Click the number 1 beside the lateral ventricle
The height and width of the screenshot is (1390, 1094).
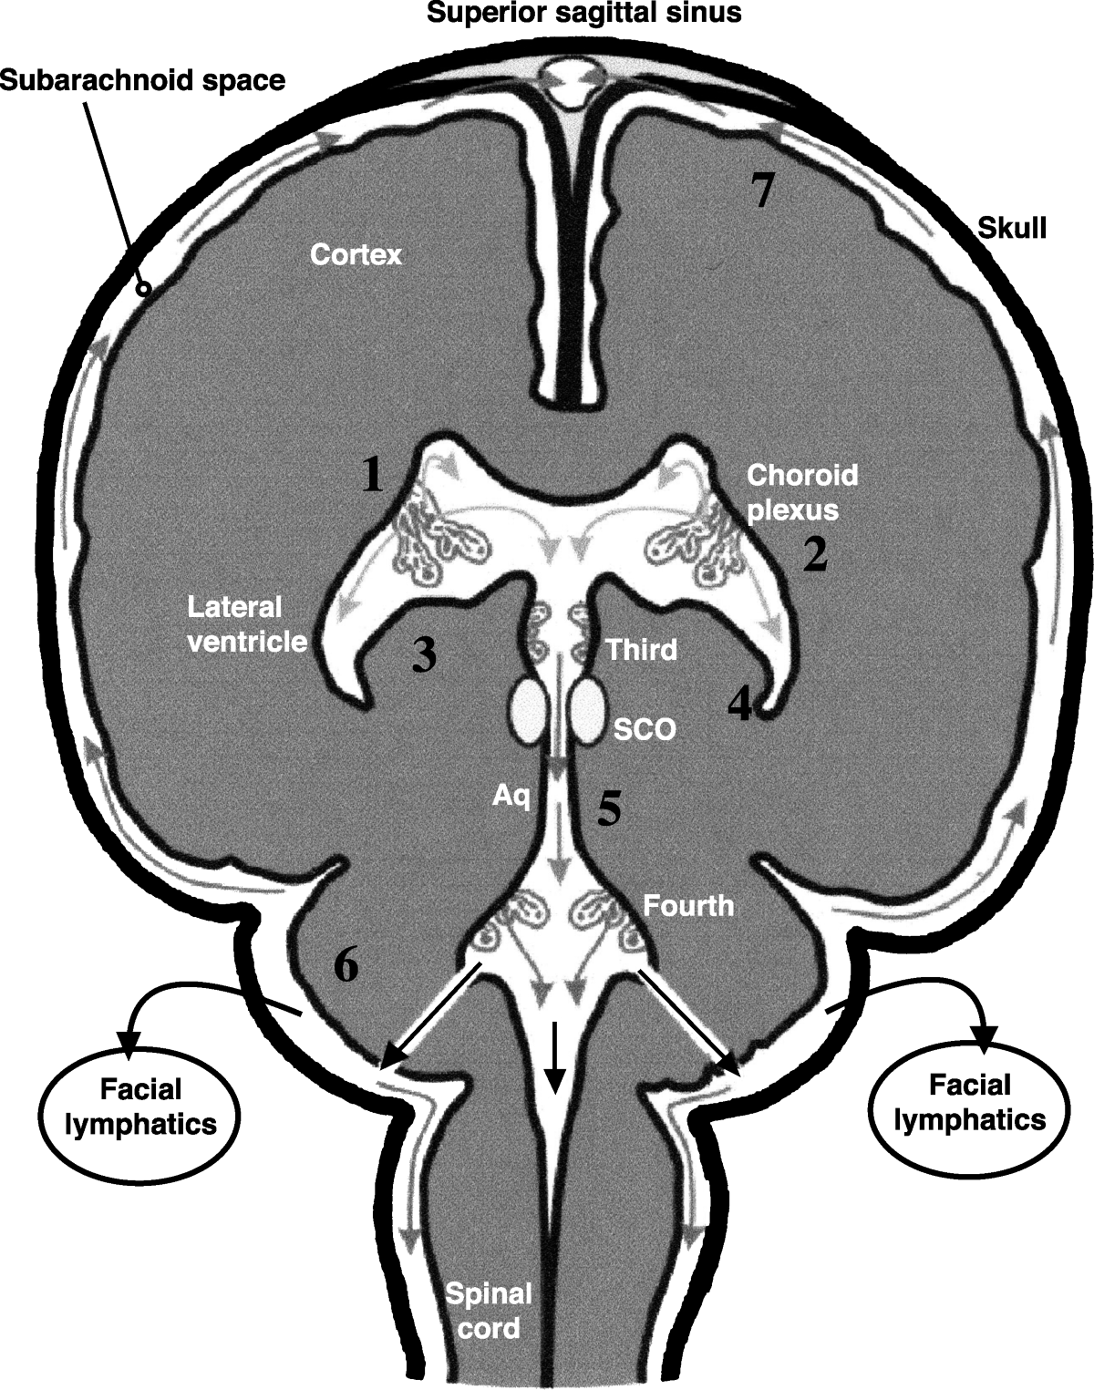(x=371, y=475)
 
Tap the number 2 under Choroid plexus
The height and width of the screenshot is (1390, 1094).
(x=814, y=553)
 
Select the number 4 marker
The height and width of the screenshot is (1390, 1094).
(x=739, y=704)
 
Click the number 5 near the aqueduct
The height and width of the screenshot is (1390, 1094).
(x=609, y=808)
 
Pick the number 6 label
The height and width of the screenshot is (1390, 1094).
(x=346, y=966)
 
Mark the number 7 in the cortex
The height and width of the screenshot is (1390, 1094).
(x=762, y=190)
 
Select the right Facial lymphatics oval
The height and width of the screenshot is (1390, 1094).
(x=970, y=1102)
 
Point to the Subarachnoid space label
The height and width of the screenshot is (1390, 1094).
(x=143, y=80)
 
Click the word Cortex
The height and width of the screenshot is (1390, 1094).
(x=356, y=254)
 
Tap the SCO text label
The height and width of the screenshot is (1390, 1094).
(x=644, y=729)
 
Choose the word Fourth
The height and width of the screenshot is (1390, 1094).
(x=688, y=906)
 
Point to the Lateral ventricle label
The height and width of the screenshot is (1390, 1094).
(x=246, y=623)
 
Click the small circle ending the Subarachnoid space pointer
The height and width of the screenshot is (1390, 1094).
(x=143, y=289)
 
